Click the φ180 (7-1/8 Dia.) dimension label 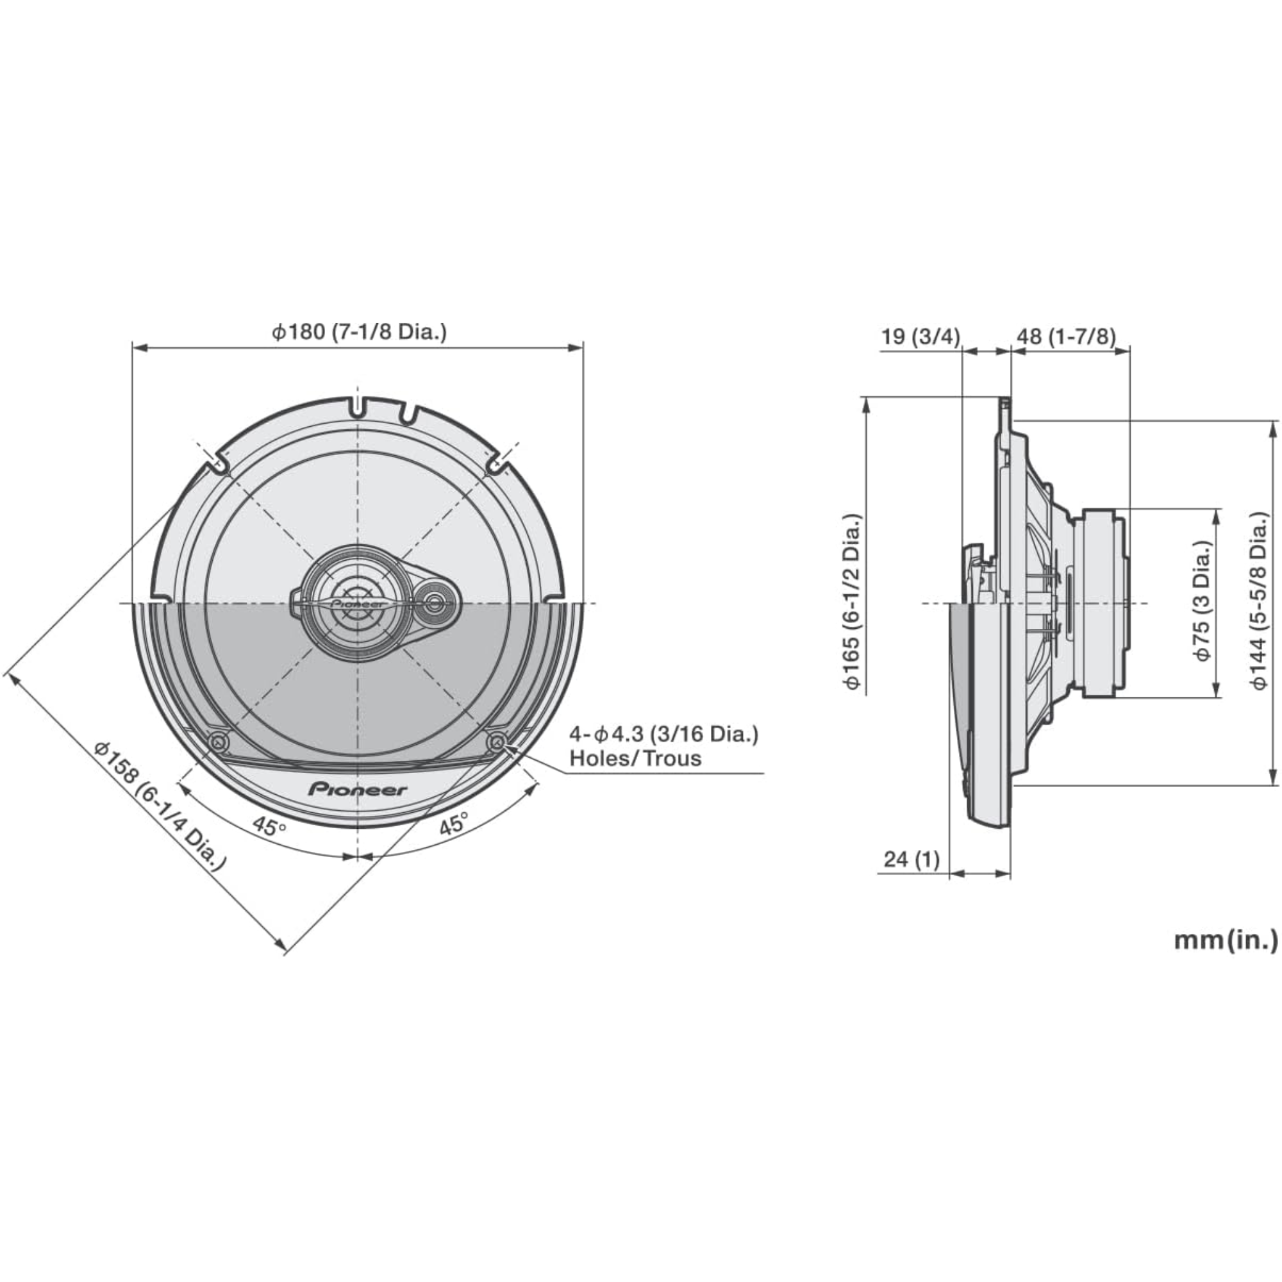pyautogui.click(x=359, y=332)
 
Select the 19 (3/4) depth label pyautogui.click(x=920, y=337)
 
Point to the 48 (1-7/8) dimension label pyautogui.click(x=1067, y=337)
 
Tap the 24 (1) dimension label pyautogui.click(x=912, y=860)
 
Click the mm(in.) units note pyautogui.click(x=1226, y=940)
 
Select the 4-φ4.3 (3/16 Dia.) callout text pyautogui.click(x=663, y=734)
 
